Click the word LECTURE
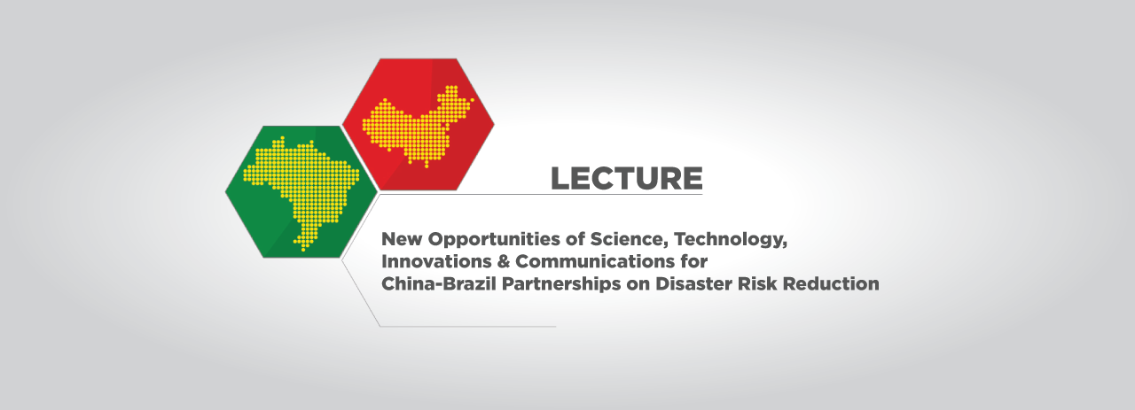pyautogui.click(x=626, y=178)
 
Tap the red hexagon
pyautogui.click(x=418, y=124)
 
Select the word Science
pyautogui.click(x=630, y=240)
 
